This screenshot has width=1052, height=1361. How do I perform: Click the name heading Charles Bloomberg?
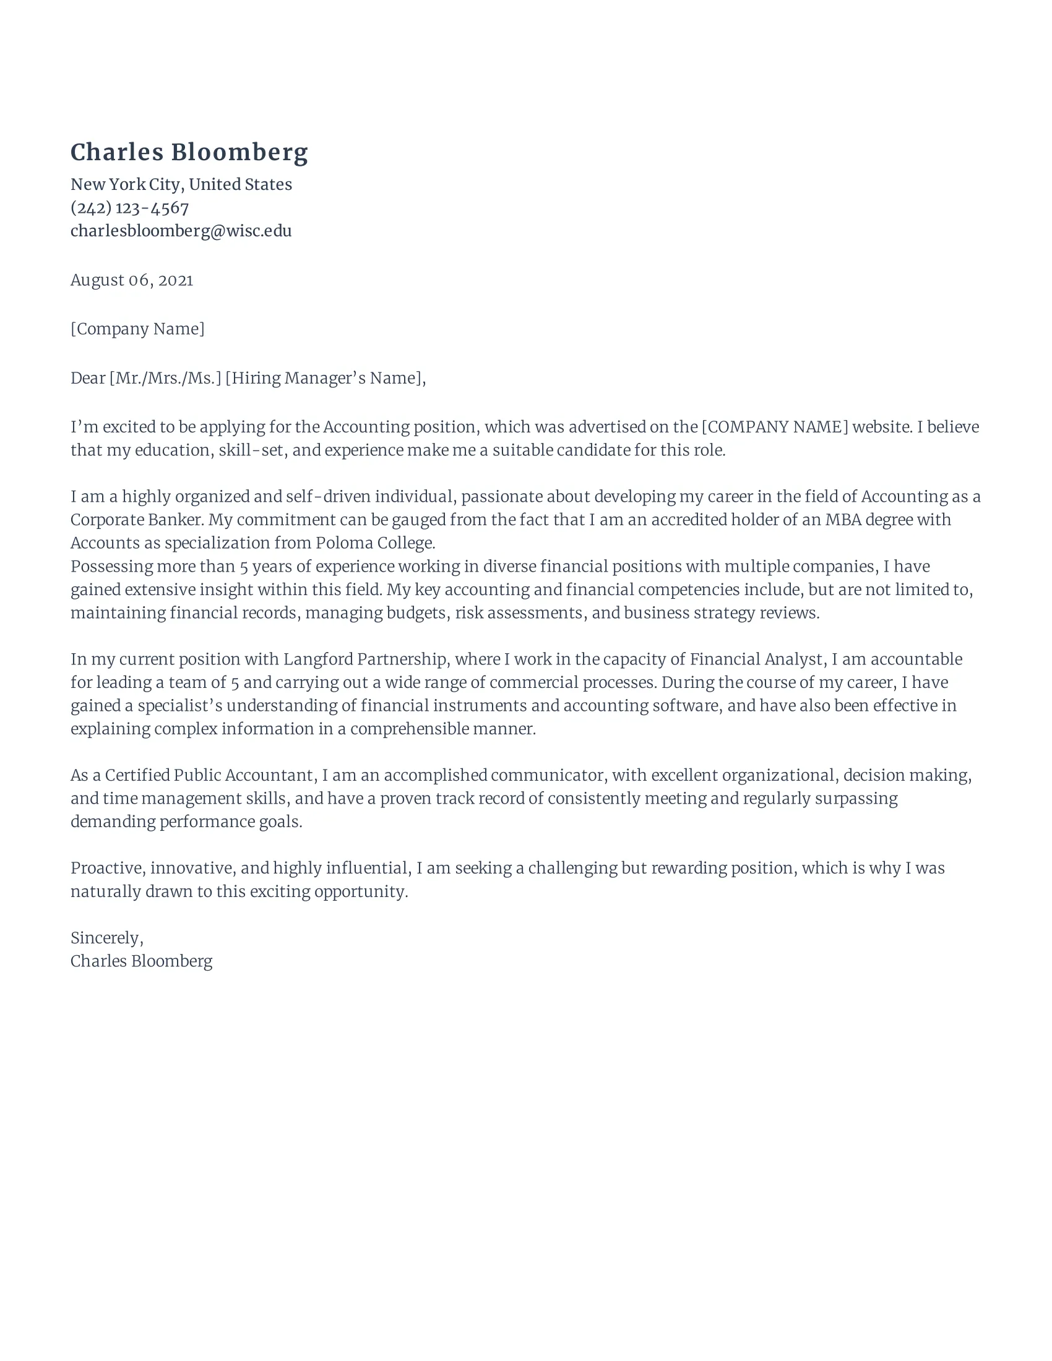click(189, 153)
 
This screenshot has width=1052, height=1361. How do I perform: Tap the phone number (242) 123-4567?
click(129, 207)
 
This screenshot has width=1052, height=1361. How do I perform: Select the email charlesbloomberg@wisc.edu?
click(181, 231)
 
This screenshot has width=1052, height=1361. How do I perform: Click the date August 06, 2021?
click(131, 280)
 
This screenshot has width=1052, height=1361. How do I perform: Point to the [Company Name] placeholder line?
click(137, 329)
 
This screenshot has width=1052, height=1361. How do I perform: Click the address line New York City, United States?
click(181, 184)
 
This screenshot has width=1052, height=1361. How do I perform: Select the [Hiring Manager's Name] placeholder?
click(324, 378)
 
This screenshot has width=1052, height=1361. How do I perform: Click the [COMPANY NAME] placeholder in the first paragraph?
click(775, 427)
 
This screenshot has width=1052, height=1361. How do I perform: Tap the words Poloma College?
click(374, 543)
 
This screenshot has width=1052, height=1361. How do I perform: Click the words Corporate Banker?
click(137, 520)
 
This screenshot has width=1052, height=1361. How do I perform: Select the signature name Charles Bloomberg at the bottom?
click(142, 961)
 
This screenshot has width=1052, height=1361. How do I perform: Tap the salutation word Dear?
click(87, 378)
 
